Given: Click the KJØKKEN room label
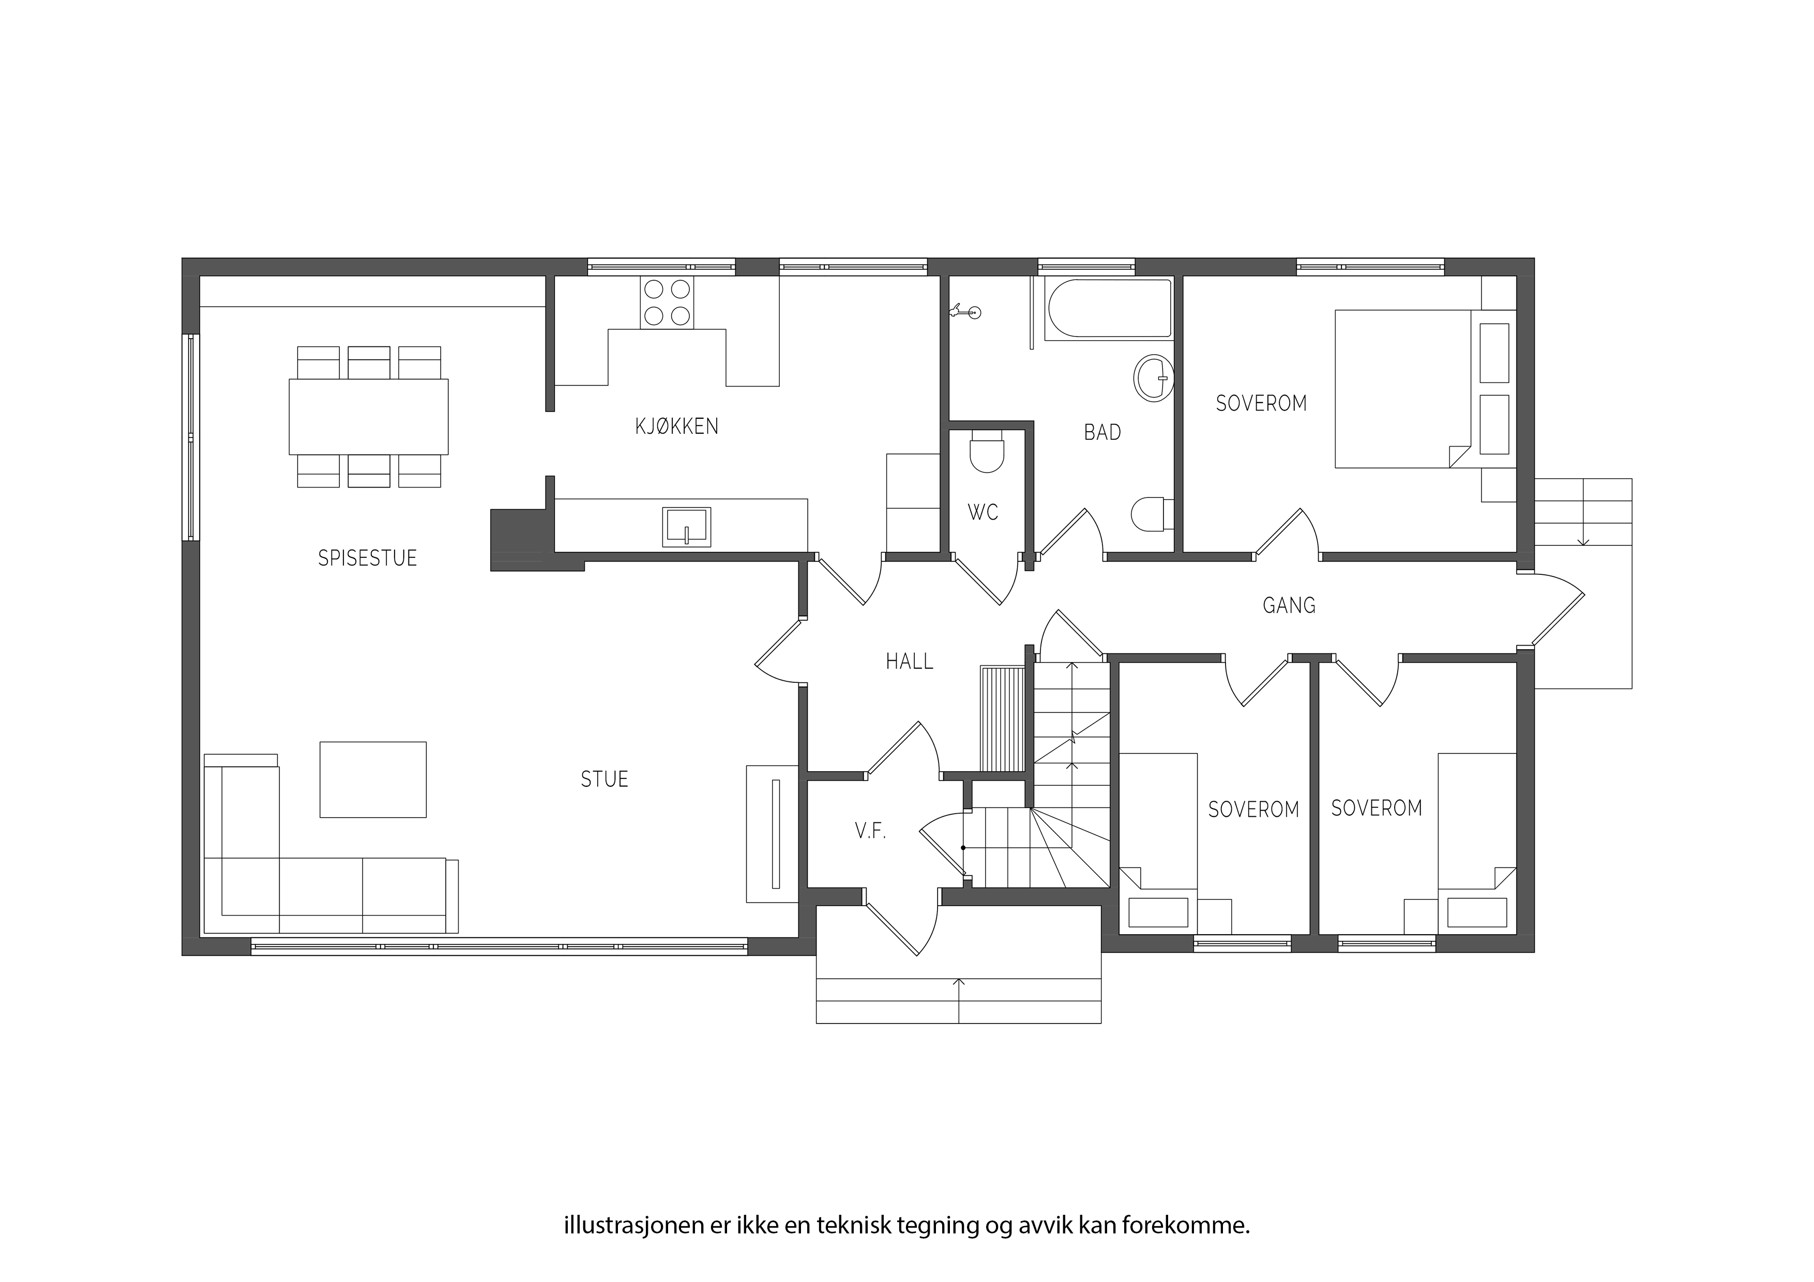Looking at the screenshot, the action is (676, 426).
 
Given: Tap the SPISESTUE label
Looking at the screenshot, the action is (367, 558).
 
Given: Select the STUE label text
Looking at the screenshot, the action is (604, 780).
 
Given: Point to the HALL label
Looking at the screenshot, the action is (910, 661).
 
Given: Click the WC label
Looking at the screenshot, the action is (983, 513).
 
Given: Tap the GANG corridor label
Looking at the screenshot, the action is (1289, 606).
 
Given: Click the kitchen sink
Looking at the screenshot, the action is (687, 527).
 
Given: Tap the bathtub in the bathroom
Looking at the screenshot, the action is (1109, 309).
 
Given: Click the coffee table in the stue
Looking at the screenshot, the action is (373, 780).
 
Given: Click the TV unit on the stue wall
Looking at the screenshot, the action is (772, 833).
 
